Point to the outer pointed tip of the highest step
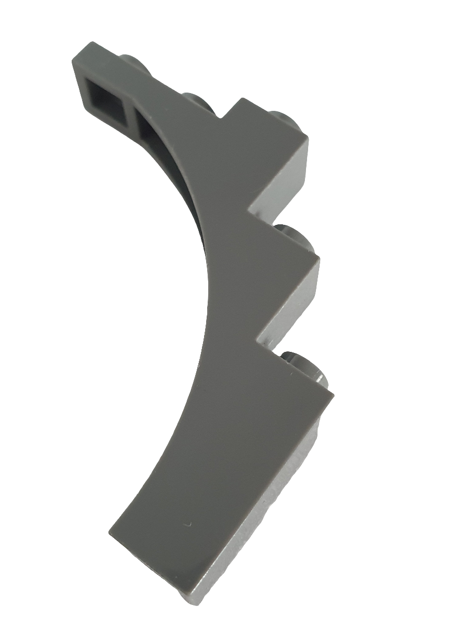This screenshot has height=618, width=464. click(308, 140)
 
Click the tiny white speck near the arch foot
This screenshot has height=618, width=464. click(190, 524)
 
